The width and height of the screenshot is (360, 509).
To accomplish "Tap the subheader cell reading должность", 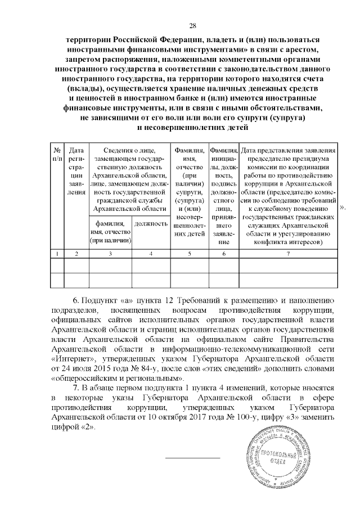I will click(x=151, y=223).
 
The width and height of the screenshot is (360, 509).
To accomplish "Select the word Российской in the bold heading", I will click(x=142, y=40).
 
